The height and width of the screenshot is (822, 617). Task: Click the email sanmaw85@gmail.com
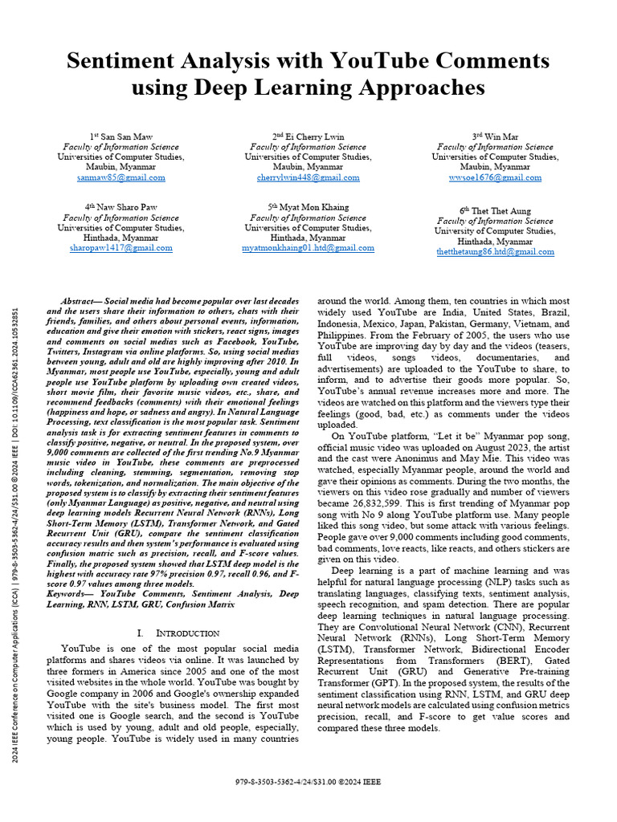point(121,177)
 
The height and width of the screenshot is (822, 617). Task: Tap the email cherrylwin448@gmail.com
point(308,177)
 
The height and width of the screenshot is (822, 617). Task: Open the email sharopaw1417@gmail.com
point(121,248)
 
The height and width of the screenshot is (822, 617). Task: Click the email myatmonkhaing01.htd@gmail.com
point(308,248)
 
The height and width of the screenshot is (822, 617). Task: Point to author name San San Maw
point(125,136)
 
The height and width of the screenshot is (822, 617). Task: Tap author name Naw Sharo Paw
point(125,207)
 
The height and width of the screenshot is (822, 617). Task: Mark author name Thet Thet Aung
point(500,211)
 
